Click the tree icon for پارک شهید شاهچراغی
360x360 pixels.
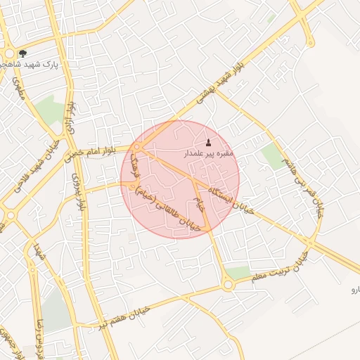[22, 53]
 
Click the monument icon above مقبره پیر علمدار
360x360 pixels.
[207, 142]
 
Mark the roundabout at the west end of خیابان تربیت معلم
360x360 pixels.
[228, 285]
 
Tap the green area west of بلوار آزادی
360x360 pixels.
[49, 109]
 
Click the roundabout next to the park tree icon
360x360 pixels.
[10, 54]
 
